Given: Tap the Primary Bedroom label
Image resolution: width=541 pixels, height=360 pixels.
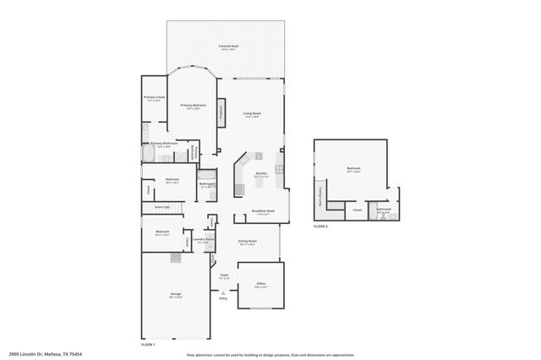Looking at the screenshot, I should coord(193,106).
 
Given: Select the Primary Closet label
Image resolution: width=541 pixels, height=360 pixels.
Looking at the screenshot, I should coord(153,98).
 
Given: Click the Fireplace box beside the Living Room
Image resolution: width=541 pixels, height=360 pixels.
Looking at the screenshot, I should coord(221,113).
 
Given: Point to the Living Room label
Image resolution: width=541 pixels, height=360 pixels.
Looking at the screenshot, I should coord(252,114).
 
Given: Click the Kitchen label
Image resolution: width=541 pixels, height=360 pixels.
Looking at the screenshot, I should coord(261,174).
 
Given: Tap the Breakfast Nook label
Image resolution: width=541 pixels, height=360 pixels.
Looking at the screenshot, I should coord(263,211).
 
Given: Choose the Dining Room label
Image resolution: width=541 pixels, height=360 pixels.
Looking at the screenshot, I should coord(247,243).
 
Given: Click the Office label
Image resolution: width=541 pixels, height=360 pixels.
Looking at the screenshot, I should coord(261,284).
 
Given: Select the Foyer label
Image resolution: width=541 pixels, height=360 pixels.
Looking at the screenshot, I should coord(225,275).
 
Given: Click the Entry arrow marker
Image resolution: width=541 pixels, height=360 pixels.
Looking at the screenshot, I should coord(223,293).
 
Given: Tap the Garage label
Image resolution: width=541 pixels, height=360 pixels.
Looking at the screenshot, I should coord(176,296).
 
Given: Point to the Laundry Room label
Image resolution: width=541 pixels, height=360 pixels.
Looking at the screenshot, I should coord(202,241).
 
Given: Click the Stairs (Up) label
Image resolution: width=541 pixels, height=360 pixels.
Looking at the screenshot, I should coord(161,207).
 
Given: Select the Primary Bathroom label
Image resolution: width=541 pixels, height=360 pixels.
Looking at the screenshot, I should coord(163,145).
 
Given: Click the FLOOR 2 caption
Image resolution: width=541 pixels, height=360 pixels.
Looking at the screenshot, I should coord(320,226).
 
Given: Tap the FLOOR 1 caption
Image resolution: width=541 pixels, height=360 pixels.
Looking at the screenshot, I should coord(148,345).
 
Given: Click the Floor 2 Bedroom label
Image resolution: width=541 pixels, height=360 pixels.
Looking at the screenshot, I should coord(353,170).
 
